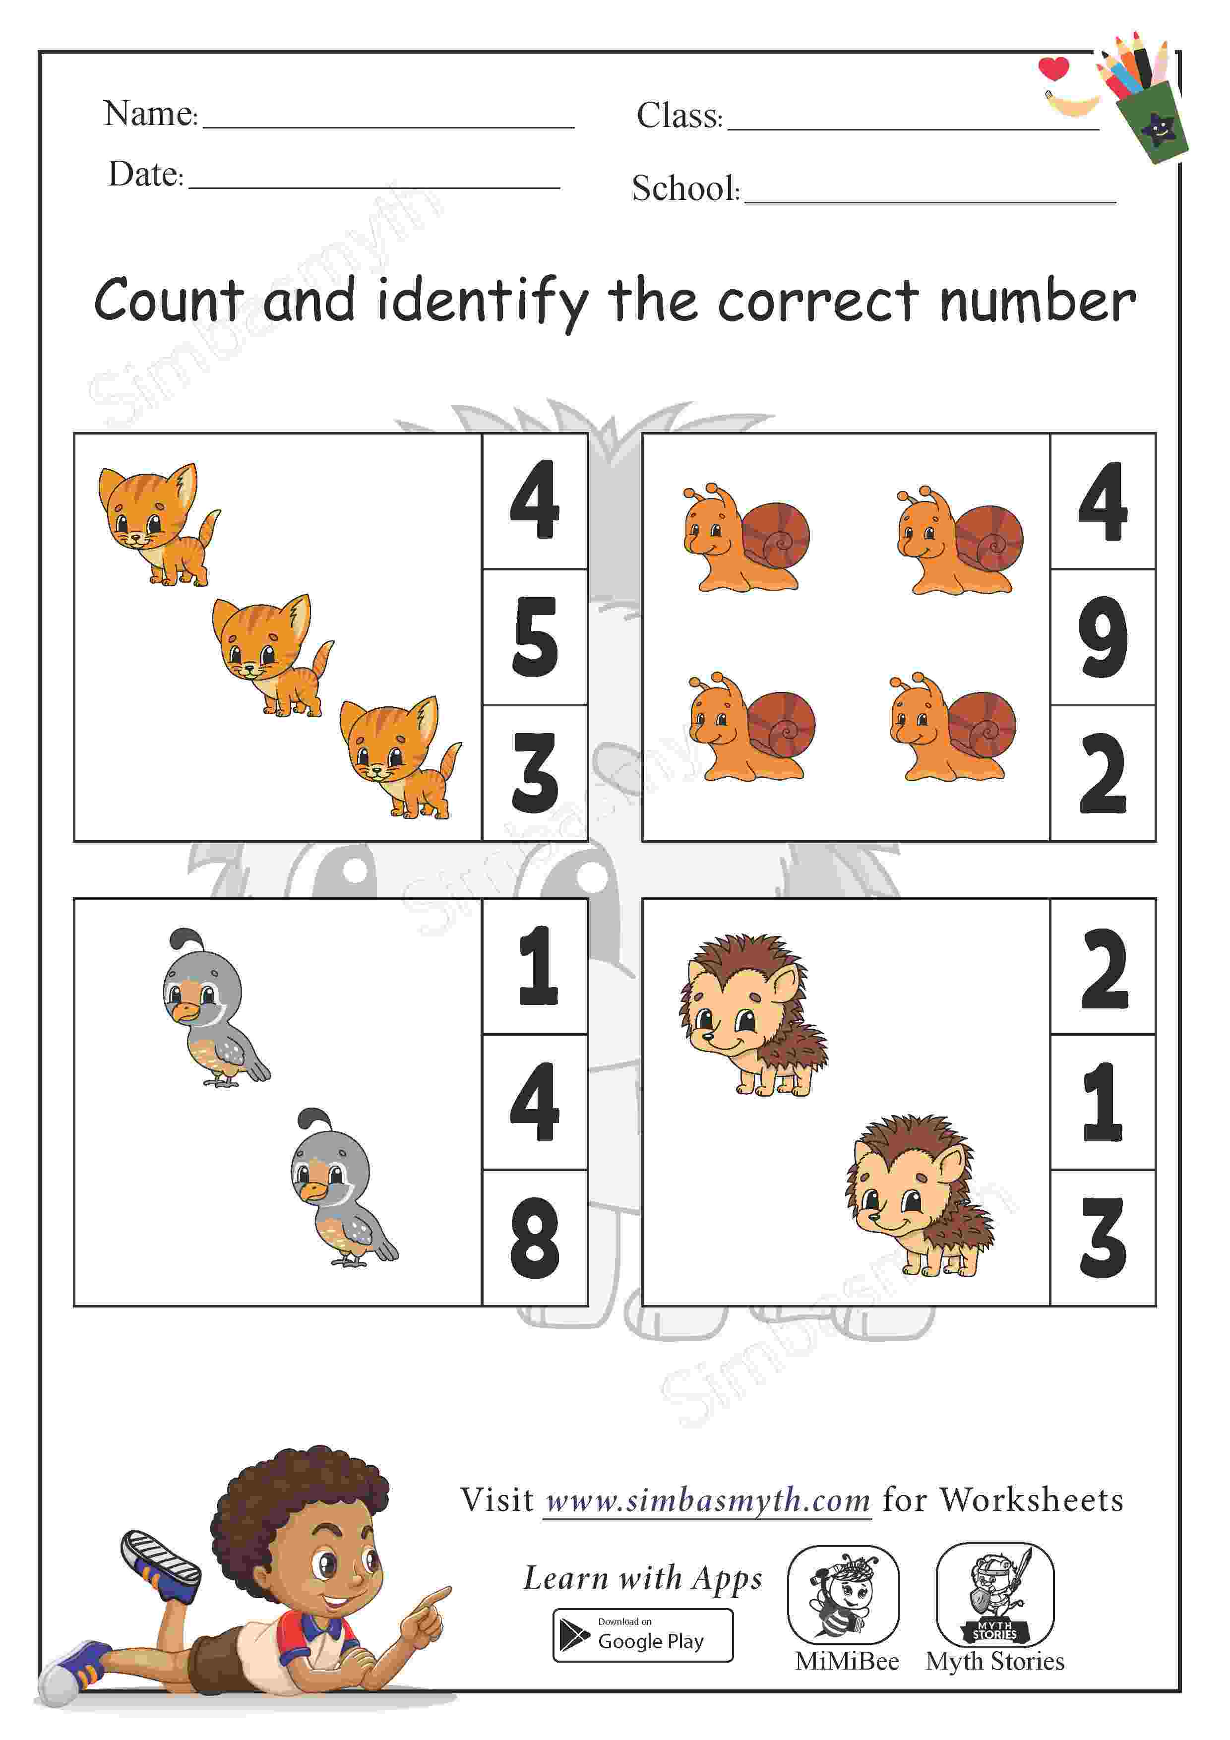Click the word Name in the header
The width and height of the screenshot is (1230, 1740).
150,114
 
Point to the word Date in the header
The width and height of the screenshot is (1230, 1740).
145,174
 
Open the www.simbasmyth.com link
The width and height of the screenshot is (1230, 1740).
708,1500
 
